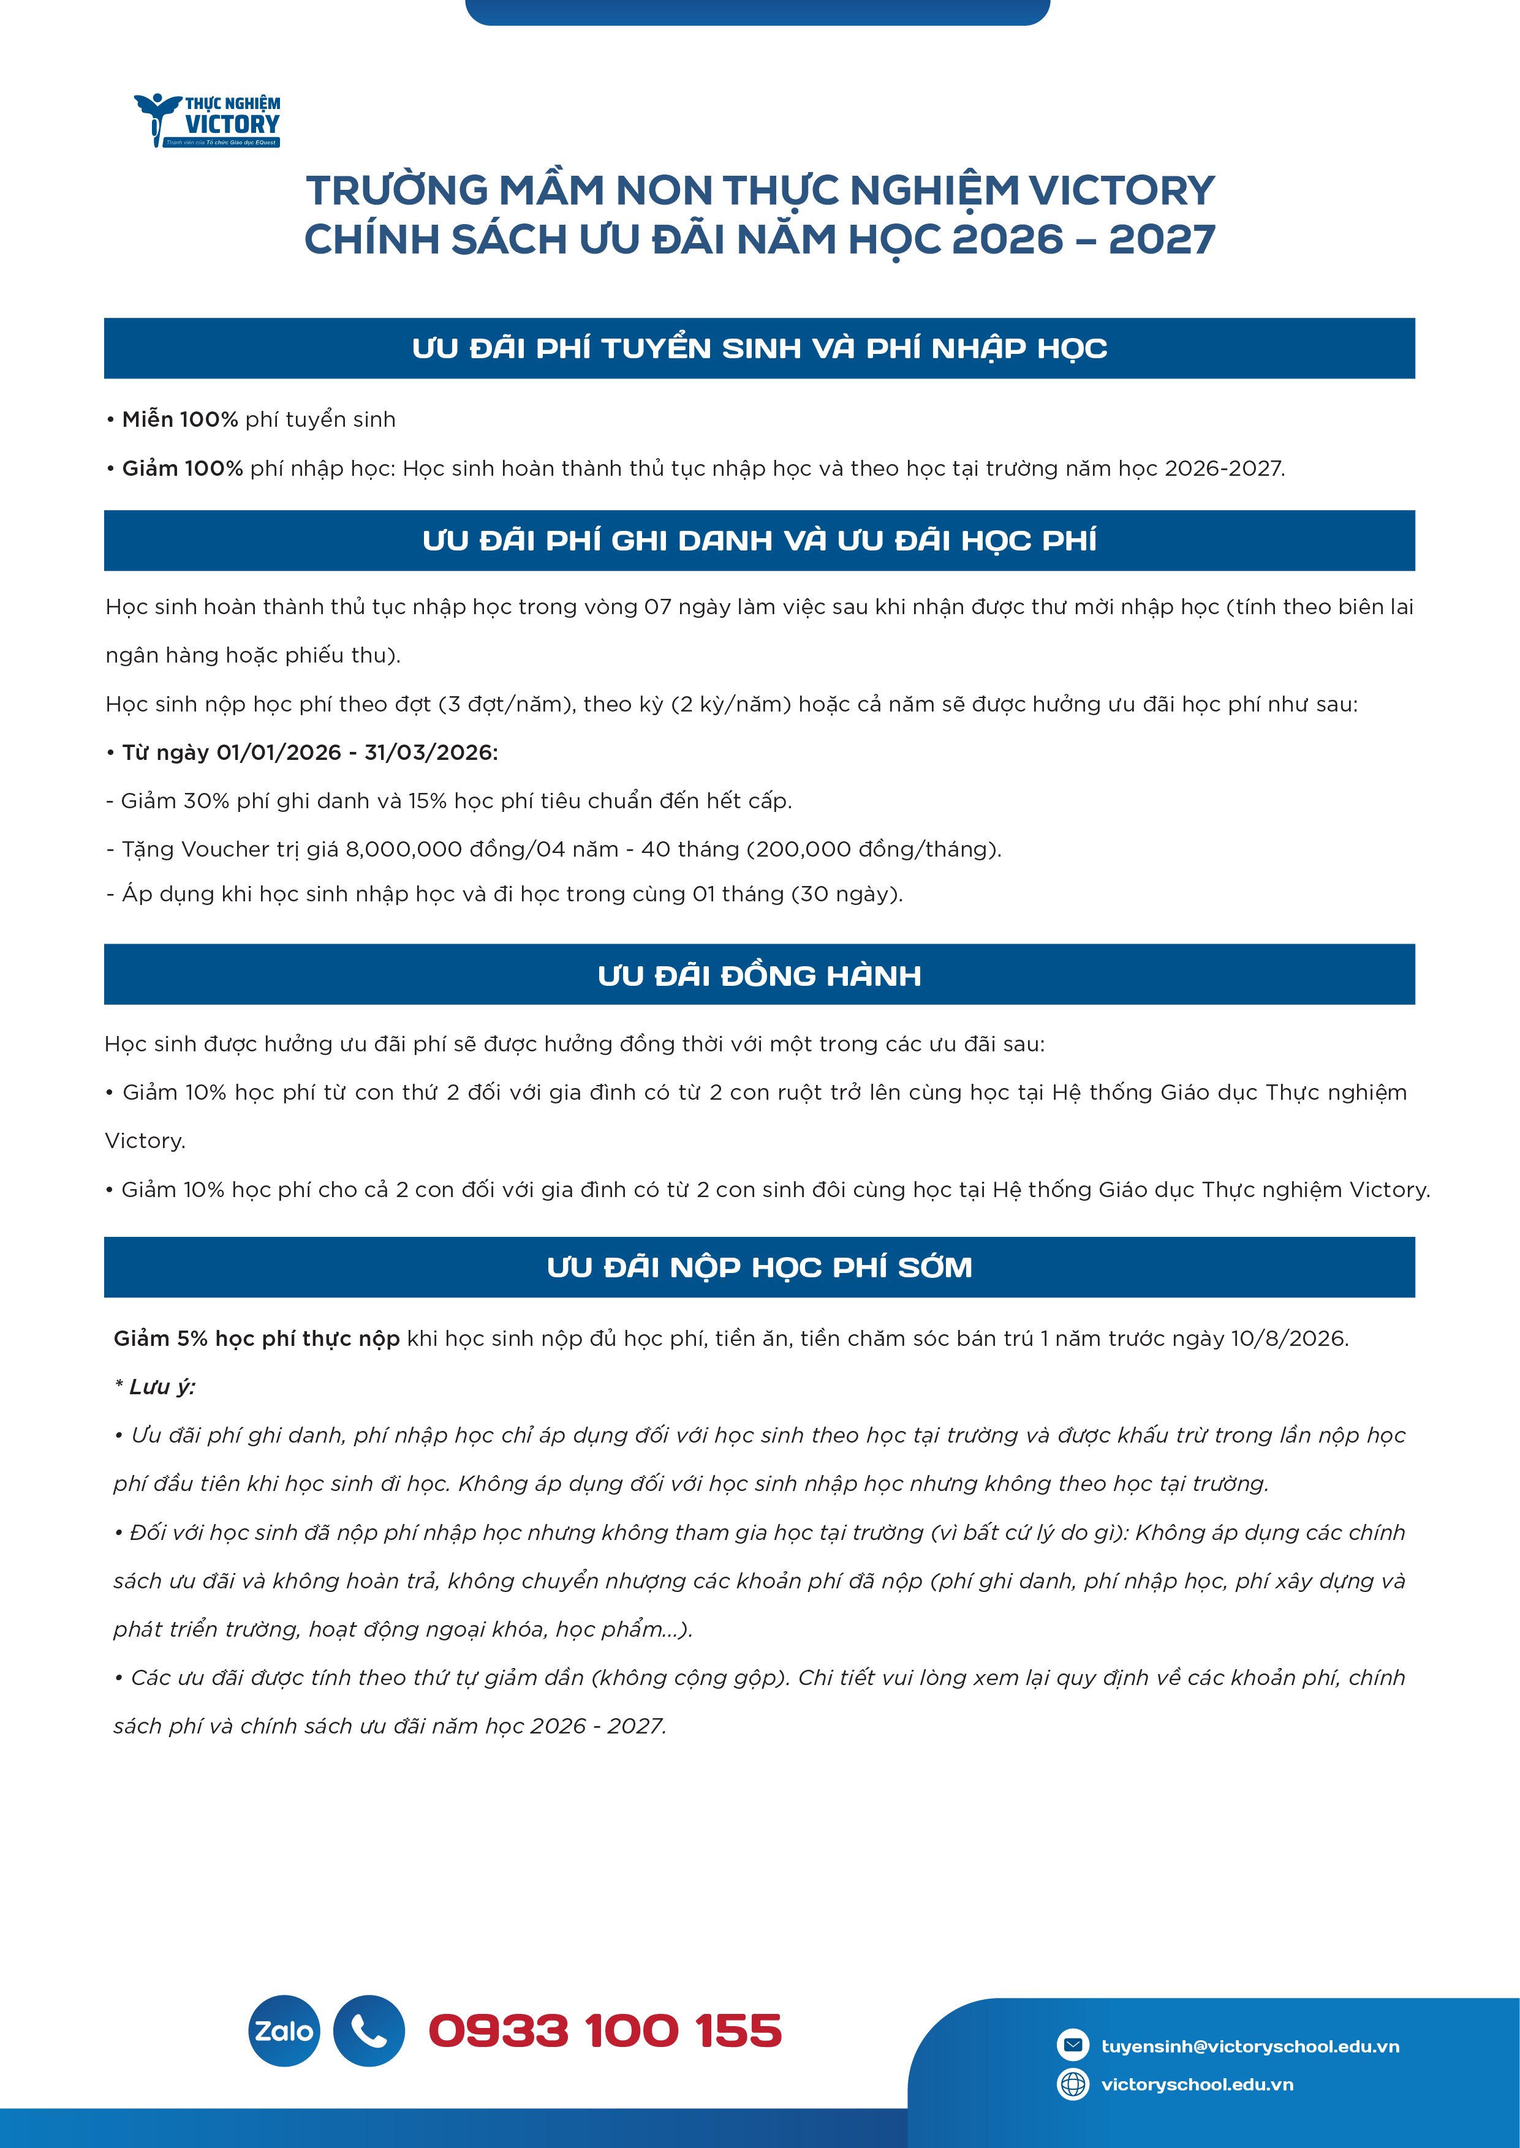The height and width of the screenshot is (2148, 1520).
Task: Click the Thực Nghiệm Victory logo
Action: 208,120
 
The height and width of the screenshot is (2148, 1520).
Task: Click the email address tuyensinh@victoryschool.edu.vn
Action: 1249,2046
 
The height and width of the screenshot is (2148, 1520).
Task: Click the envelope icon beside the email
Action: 1073,2045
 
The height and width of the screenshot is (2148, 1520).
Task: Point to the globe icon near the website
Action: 1073,2084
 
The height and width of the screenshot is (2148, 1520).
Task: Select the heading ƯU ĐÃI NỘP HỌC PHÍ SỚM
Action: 759,1267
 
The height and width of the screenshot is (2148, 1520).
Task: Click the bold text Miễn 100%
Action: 180,419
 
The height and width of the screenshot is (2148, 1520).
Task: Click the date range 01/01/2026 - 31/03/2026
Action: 357,752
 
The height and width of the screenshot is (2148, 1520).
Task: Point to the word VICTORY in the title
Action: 1121,191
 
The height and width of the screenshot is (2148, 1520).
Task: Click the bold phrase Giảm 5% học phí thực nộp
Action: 257,1339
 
